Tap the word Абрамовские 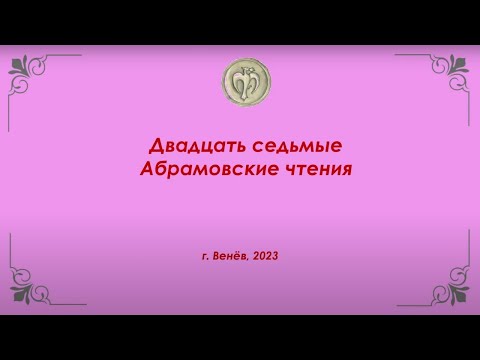(208, 167)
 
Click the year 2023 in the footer (266, 256)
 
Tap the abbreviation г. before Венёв (205, 256)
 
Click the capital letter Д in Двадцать (158, 147)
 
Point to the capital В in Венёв (217, 256)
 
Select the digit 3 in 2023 (275, 256)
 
